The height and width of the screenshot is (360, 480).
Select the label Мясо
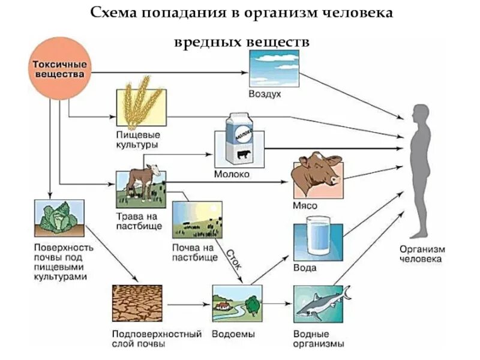305,205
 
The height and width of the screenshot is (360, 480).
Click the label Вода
305,268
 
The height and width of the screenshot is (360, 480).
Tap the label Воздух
265,94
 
